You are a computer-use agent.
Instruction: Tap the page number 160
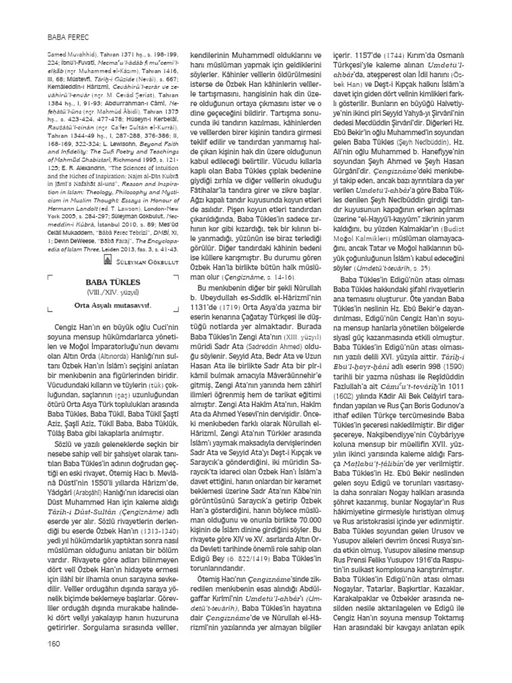55,662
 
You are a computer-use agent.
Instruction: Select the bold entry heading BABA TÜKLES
107,282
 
